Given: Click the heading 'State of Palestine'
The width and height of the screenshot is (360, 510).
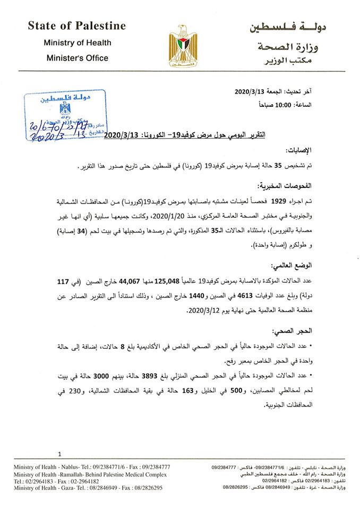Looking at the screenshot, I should pos(76,25).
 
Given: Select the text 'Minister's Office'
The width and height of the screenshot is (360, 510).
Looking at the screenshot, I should pos(76,58).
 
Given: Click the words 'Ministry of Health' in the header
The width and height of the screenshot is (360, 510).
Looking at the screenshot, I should pos(76,42).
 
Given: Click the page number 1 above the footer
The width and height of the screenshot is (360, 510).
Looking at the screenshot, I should pos(60,454).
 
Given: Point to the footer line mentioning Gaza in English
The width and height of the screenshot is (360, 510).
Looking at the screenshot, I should pos(88,487).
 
